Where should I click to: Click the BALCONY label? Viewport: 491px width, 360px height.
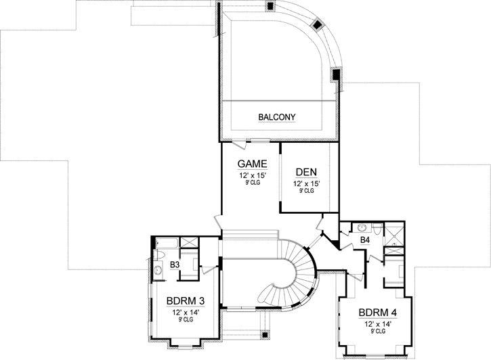280,117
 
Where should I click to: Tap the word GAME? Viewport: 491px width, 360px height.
251,164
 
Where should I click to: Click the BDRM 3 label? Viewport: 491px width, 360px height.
185,301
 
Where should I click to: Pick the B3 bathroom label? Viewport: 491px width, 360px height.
174,265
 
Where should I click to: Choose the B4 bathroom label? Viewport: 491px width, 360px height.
364,240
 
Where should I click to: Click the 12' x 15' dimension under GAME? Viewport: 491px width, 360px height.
251,175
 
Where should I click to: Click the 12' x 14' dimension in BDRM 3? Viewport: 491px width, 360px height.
185,312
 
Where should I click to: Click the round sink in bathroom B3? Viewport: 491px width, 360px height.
158,270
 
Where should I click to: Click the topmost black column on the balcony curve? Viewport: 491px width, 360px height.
270,6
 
